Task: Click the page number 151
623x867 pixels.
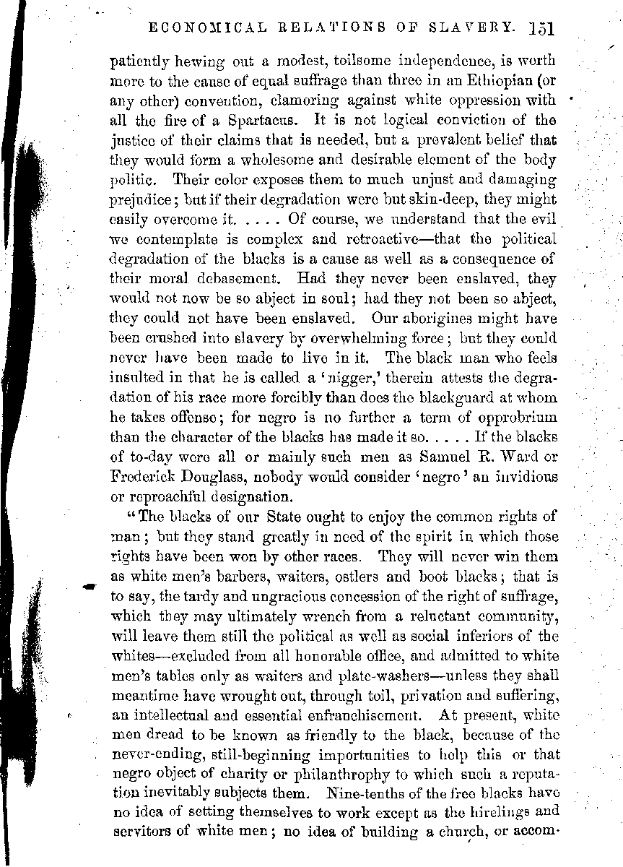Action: click(x=539, y=29)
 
